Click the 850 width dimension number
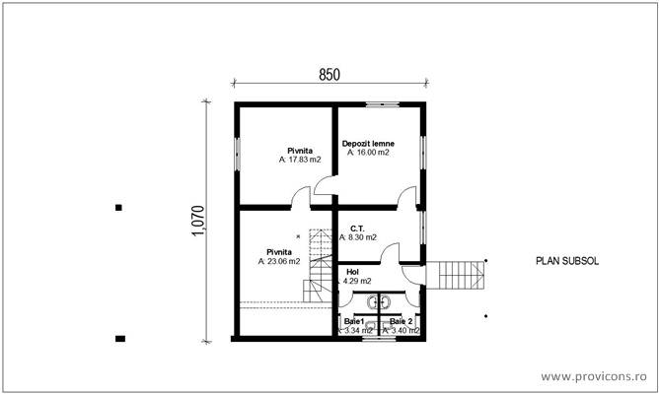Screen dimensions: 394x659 330,74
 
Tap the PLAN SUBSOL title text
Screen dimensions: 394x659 566,262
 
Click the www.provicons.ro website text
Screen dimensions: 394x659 595,376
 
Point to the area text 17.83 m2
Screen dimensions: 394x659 298,159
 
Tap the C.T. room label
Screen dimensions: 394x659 357,228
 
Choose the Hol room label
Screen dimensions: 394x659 353,272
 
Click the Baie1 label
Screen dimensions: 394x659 354,322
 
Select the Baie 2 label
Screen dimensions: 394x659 401,322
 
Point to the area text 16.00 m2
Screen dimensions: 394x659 370,154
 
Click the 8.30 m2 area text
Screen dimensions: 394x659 361,237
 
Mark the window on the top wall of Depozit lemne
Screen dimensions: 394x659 379,103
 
